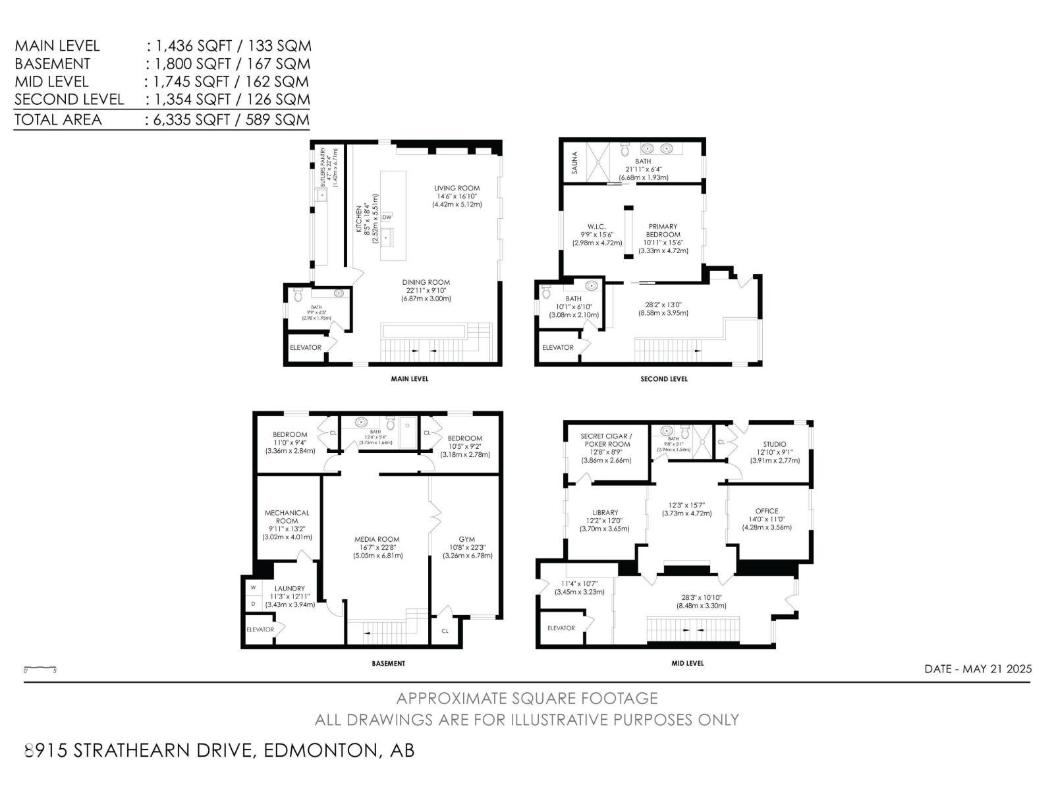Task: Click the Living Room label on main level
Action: (x=457, y=188)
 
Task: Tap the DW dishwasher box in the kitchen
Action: (x=387, y=217)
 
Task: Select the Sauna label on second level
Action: (x=574, y=162)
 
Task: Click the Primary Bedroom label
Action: (x=663, y=230)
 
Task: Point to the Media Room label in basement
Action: (x=377, y=539)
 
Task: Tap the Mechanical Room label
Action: (x=287, y=516)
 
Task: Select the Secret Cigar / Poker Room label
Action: (x=606, y=440)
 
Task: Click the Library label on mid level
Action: (x=605, y=512)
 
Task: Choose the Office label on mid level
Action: (x=767, y=511)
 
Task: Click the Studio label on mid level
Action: (x=775, y=444)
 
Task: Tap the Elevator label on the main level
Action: (x=306, y=347)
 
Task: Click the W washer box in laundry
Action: (x=253, y=587)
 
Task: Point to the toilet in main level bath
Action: (x=296, y=292)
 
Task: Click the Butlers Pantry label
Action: (x=323, y=167)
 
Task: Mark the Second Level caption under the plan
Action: (x=664, y=379)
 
